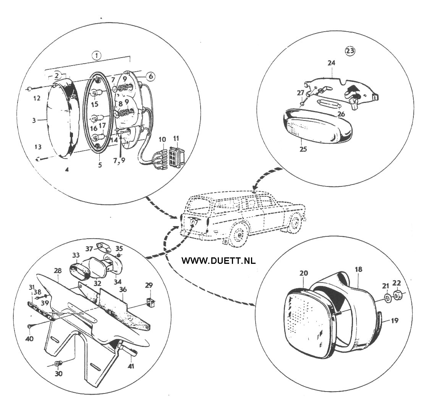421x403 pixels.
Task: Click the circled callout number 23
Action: [x=350, y=51]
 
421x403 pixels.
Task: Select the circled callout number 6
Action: [x=151, y=76]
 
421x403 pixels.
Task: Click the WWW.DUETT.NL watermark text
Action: [x=219, y=260]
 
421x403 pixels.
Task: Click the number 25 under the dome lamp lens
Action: [x=303, y=149]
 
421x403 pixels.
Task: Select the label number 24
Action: [x=331, y=63]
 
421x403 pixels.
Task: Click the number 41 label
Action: [x=131, y=366]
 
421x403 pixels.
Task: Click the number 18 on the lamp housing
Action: [x=358, y=269]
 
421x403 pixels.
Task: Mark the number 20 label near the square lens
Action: [x=304, y=273]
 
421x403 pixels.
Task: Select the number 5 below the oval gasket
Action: [x=100, y=165]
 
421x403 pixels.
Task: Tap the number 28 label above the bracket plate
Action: [x=57, y=271]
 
